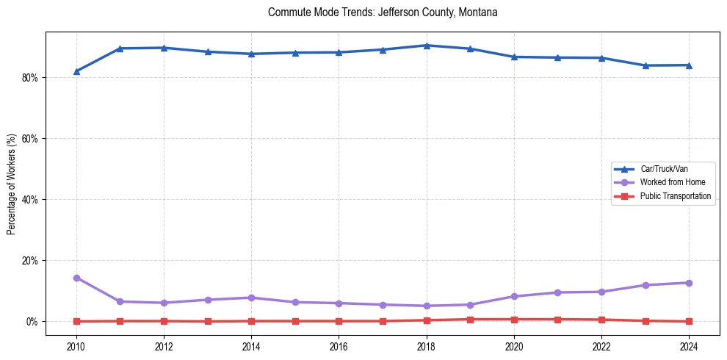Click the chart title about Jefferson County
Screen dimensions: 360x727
(x=383, y=12)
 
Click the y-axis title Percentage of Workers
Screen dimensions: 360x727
(x=11, y=184)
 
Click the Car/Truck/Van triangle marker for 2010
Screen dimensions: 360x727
(x=76, y=71)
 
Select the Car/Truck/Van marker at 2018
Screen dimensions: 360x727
(x=427, y=46)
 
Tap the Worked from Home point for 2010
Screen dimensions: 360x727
(x=76, y=278)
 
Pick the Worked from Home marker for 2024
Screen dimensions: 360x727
(x=690, y=283)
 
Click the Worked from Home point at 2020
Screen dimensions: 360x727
(x=514, y=296)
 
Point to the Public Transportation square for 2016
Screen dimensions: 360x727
(x=339, y=321)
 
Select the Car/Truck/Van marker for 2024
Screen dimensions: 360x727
(x=690, y=65)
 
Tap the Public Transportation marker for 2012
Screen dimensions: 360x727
(x=164, y=321)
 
